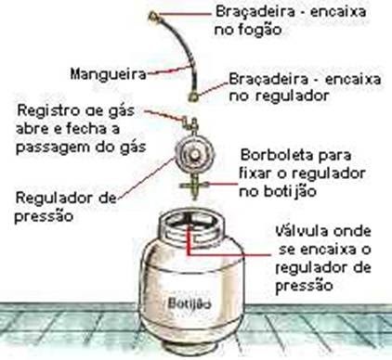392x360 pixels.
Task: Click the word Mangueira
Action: click(108, 74)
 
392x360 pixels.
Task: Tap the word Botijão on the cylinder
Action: click(189, 303)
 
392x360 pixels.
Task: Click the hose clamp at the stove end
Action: click(153, 15)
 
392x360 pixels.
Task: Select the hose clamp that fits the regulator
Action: click(194, 96)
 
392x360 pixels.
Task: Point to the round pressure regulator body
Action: click(194, 154)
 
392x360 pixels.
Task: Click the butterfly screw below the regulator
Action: click(194, 186)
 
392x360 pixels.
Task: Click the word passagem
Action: click(53, 148)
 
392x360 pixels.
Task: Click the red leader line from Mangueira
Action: click(167, 71)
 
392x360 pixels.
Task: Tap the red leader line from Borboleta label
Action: click(222, 184)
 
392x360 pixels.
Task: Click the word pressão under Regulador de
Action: click(44, 216)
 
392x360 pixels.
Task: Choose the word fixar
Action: click(255, 173)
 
